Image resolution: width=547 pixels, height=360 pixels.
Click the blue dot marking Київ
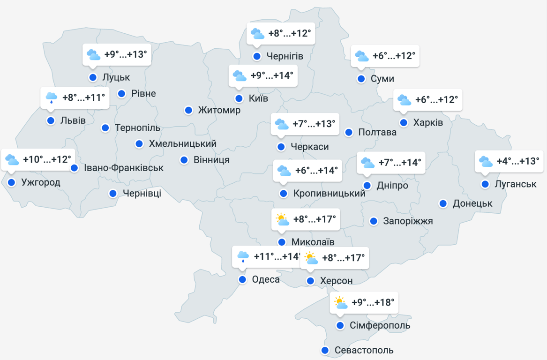coord(239,98)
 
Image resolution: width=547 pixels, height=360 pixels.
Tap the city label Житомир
coord(219,110)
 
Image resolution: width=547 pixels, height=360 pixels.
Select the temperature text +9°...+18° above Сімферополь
coord(373,302)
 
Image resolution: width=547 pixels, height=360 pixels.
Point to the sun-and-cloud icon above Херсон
coord(311,258)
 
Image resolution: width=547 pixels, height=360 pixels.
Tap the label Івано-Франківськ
coord(124,168)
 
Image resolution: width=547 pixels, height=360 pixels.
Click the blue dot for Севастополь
coord(325,350)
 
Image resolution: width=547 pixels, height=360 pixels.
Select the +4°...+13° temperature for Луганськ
coord(518,162)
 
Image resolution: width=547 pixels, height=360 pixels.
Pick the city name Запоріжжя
coord(408,221)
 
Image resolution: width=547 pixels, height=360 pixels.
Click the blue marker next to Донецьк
coord(443,203)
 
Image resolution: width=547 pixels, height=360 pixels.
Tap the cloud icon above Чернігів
coord(257,34)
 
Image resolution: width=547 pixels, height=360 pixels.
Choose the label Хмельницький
coord(182,143)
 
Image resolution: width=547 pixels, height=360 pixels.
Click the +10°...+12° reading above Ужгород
coord(47,159)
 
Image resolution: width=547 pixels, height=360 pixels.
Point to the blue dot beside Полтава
coord(349,132)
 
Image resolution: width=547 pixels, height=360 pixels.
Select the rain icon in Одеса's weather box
coord(243,256)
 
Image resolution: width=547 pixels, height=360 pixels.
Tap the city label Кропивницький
coord(329,193)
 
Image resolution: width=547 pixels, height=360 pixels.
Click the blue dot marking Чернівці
coord(113,193)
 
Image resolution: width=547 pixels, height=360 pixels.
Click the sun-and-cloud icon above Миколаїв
coord(281,219)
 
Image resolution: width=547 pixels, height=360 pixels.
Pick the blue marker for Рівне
coord(121,93)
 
